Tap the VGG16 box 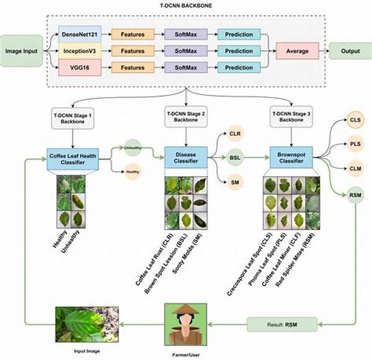point(77,68)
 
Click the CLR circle point(234,134)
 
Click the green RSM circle point(355,195)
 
